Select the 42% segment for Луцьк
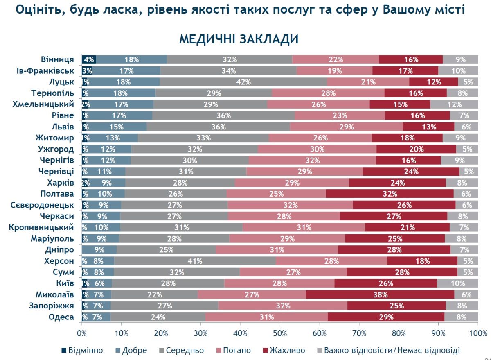[x=243, y=82]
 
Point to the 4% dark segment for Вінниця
[x=89, y=59]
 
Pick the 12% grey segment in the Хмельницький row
[x=454, y=104]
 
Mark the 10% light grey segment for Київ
[x=457, y=283]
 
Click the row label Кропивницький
[x=41, y=227]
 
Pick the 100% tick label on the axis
[x=477, y=333]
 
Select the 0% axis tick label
[x=82, y=333]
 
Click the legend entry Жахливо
[x=284, y=350]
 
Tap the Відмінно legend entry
[x=82, y=350]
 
